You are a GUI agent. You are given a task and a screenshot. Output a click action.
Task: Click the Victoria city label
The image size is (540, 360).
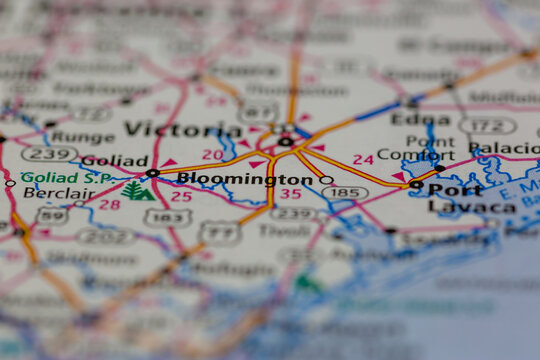pos(183,130)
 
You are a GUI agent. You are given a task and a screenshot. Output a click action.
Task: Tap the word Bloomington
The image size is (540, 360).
pos(245,179)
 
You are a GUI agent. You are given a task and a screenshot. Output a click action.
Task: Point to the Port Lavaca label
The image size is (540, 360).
pos(470,198)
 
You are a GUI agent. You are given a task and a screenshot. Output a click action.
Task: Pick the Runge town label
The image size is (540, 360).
pos(82,137)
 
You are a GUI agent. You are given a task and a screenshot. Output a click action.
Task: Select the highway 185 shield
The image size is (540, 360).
pos(345,191)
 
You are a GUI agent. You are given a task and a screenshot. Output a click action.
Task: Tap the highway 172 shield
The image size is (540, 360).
pos(487,126)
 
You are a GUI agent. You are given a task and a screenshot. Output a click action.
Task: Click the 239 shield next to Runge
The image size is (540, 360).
pos(49,154)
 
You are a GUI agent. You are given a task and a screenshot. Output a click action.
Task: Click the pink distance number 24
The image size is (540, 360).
pos(363,159)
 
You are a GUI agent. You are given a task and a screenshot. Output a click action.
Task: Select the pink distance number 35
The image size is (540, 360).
pos(290,194)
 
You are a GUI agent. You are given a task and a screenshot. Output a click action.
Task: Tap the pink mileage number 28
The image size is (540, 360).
pos(109,204)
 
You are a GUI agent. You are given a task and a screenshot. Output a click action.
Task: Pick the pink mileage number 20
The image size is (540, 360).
pos(212,154)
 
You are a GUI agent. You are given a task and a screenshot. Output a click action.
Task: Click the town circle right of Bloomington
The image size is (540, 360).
pos(326,180)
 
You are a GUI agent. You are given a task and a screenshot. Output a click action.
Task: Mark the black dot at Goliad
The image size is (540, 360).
pos(152,173)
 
